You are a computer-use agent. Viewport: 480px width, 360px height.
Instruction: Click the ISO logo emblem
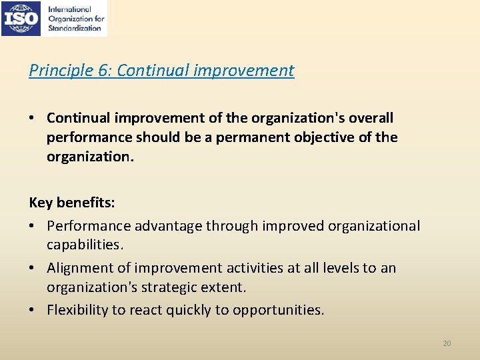click(x=23, y=18)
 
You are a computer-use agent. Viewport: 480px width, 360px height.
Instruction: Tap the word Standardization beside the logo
click(x=75, y=29)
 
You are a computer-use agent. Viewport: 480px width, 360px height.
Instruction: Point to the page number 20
click(x=447, y=343)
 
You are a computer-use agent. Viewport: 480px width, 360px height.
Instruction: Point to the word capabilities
click(x=85, y=245)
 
